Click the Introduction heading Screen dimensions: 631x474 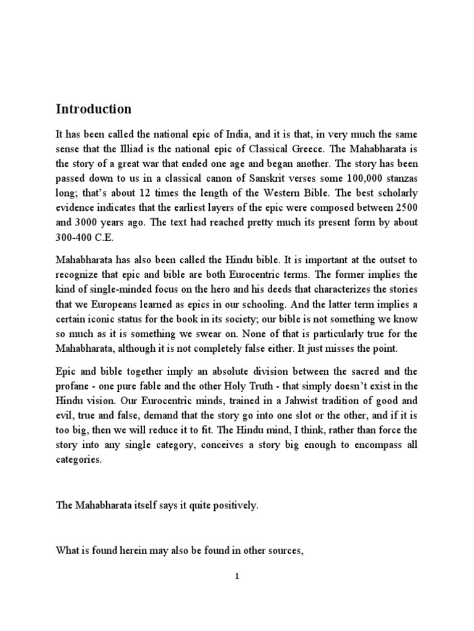pyautogui.click(x=94, y=109)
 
